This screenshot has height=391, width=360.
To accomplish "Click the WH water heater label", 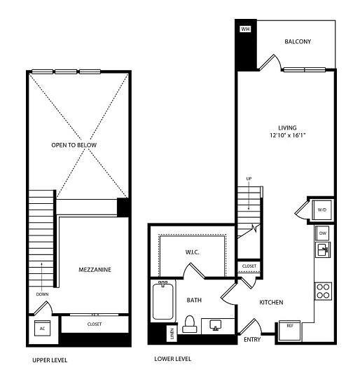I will tap(245, 29).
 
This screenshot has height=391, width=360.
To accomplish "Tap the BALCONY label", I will tap(297, 41).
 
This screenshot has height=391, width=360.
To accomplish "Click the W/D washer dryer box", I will tap(322, 209).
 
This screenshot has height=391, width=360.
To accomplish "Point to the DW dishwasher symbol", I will tap(323, 233).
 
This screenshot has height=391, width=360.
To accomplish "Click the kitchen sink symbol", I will tap(323, 250).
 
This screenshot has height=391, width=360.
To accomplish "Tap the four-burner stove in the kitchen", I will tap(324, 289).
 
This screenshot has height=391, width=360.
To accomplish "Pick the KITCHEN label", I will tap(271, 303).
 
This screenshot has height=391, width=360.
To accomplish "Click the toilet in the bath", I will tap(188, 324).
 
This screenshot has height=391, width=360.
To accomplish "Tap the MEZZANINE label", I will tap(93, 269).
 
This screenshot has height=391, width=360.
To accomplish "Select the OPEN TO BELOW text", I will tap(74, 145).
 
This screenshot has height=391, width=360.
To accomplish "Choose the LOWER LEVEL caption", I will tap(172, 358).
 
